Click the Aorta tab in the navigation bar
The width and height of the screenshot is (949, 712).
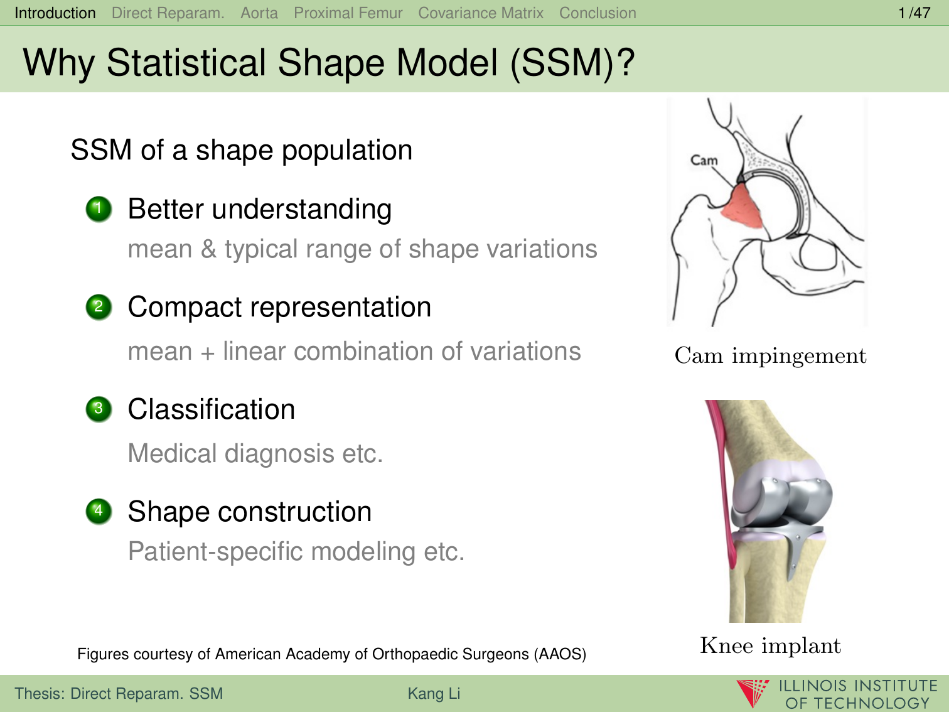(x=259, y=13)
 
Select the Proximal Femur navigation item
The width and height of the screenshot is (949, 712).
(x=348, y=13)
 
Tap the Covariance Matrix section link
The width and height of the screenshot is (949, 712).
(x=480, y=13)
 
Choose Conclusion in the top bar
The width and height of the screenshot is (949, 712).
(x=598, y=13)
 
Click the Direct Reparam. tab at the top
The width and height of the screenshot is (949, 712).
(x=168, y=13)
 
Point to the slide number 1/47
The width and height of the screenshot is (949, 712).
(x=914, y=13)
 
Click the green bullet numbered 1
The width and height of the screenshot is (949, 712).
(x=99, y=209)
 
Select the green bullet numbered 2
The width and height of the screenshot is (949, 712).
(x=99, y=307)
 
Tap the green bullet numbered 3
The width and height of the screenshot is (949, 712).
(x=99, y=409)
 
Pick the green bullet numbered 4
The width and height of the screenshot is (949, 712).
(x=99, y=512)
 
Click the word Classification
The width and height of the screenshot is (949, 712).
(x=212, y=409)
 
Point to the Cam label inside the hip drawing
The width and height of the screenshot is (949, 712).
(x=704, y=160)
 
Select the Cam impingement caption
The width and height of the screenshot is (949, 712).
(x=771, y=356)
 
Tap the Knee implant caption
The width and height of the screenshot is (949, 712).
(x=771, y=646)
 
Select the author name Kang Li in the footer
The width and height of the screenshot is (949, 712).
(x=434, y=693)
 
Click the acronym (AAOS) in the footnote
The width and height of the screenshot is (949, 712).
(x=560, y=654)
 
